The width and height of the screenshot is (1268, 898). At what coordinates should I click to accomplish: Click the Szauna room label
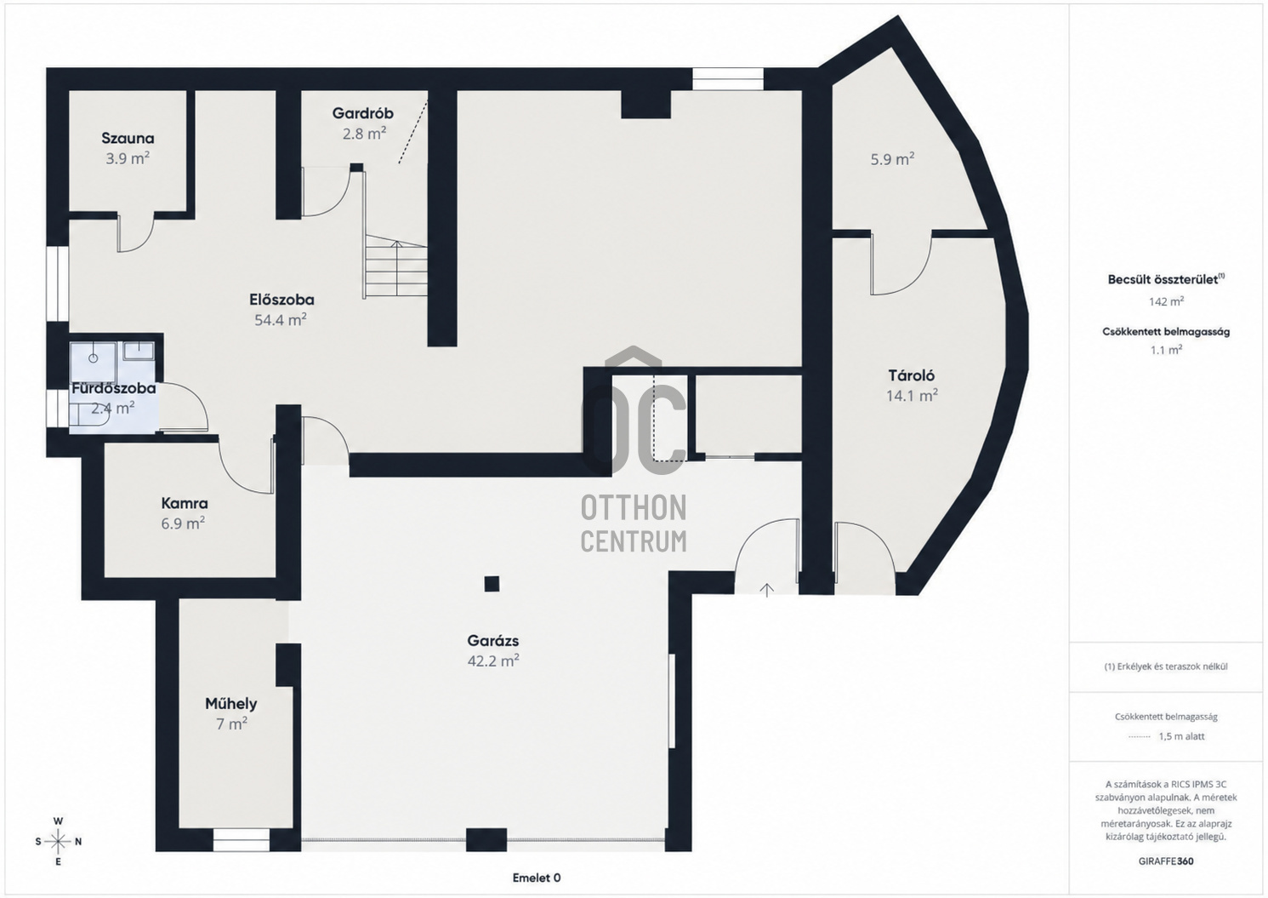[x=128, y=138]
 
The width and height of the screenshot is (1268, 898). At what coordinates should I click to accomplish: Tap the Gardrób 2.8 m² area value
[x=364, y=134]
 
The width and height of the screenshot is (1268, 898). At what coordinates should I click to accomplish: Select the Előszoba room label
[x=281, y=299]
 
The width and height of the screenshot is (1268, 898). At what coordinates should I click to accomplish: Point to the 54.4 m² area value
[x=280, y=320]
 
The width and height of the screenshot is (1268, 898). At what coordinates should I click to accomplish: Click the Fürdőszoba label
[x=114, y=389]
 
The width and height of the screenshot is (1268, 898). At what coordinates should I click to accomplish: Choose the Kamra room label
[x=185, y=503]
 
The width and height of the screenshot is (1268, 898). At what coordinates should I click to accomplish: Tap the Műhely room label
[x=231, y=704]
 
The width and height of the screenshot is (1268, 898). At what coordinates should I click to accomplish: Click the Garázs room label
[x=493, y=641]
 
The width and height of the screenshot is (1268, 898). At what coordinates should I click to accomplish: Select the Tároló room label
[x=912, y=375]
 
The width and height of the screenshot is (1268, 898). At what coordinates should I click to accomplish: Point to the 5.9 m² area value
[x=893, y=159]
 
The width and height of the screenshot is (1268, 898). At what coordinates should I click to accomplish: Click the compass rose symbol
[x=58, y=841]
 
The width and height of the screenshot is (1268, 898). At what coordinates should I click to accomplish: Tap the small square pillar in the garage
[x=492, y=584]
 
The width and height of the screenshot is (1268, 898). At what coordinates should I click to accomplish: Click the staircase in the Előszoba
[x=395, y=267]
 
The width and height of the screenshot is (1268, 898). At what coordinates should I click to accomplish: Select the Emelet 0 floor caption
[x=537, y=878]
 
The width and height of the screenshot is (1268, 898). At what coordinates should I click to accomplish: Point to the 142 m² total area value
[x=1166, y=301]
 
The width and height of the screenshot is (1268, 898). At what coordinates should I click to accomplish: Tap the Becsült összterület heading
[x=1166, y=279]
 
